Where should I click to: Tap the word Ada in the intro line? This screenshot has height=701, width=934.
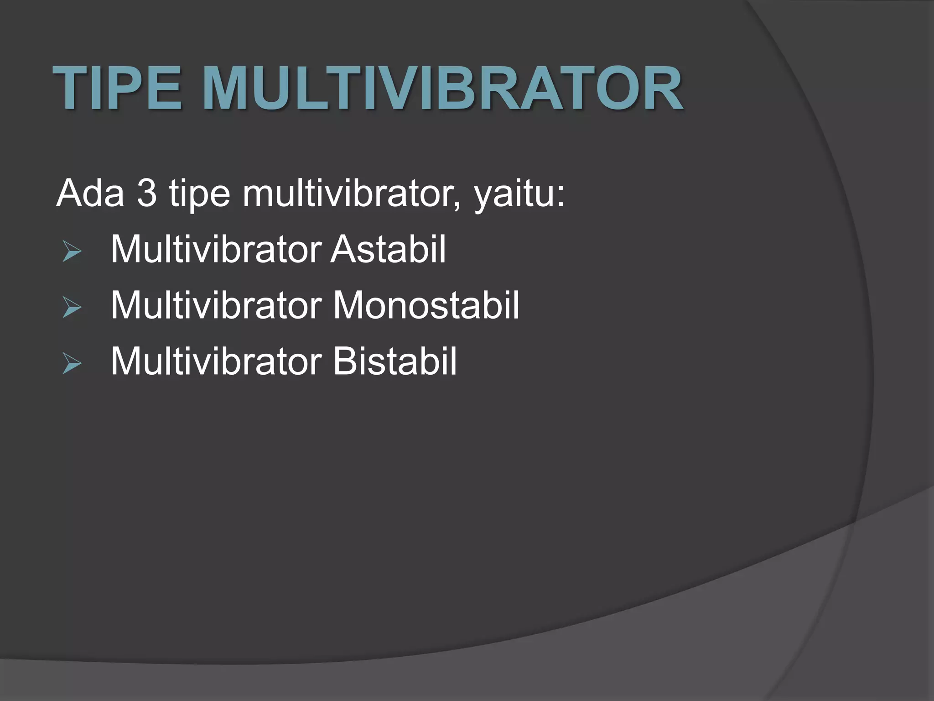[90, 193]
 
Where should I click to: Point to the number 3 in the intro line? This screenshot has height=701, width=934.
[146, 193]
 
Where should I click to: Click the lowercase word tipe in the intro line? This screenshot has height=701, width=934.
[199, 194]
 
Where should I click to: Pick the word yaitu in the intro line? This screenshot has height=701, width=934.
[514, 194]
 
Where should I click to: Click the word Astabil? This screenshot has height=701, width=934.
[388, 250]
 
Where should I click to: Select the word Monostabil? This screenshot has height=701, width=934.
[426, 305]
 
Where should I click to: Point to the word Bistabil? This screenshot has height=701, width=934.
[394, 361]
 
